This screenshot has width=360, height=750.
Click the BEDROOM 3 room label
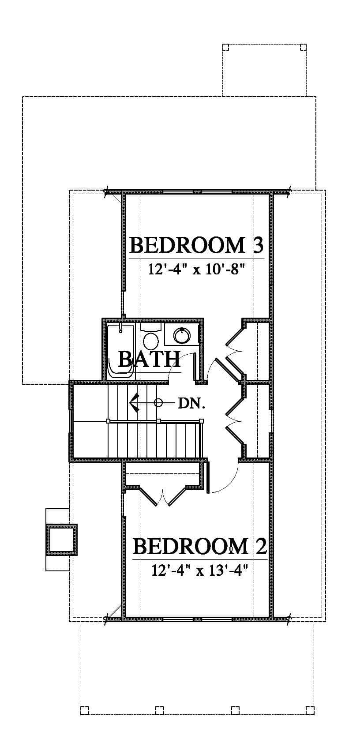point(196,245)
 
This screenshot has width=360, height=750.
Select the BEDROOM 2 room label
point(200,547)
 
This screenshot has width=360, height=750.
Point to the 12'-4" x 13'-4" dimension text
point(199,570)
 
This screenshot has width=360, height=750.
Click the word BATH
point(150,359)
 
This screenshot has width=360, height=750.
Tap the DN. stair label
point(191,404)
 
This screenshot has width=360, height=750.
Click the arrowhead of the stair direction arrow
point(134,403)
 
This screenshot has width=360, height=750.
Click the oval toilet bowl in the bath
point(151,341)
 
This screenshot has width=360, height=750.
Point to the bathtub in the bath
point(121,351)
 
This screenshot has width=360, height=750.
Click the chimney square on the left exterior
point(62,540)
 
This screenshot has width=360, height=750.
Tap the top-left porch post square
point(226,47)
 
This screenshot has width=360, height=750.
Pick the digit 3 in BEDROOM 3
point(256,245)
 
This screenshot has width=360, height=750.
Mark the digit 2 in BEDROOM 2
point(260,546)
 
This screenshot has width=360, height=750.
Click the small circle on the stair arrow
point(158,403)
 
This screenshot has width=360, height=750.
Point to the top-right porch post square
point(303,47)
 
